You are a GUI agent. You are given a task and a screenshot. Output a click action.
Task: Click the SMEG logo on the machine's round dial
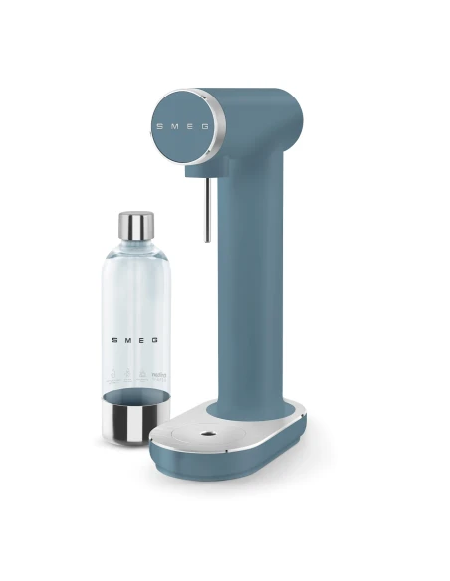click(180, 127)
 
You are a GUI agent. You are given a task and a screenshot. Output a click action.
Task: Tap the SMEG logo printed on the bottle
click(135, 338)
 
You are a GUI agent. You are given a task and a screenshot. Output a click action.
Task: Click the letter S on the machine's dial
click(157, 127)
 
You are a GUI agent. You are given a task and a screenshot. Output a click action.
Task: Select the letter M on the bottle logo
click(127, 338)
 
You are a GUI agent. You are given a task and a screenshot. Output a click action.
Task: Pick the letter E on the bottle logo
click(143, 338)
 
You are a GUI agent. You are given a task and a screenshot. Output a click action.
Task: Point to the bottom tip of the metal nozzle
click(206, 240)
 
